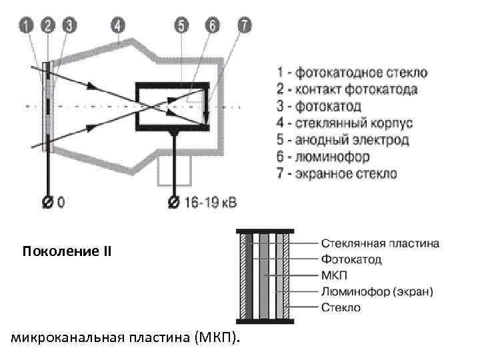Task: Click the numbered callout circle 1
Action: point(26,27)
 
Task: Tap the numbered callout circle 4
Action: point(118,27)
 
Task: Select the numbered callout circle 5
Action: point(181,27)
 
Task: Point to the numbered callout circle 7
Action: point(245,27)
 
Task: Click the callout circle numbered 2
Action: point(47,27)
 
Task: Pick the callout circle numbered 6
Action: point(212,27)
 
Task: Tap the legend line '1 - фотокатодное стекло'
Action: point(352,72)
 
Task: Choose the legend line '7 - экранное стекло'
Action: point(337,174)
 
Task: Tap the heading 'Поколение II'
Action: point(67,253)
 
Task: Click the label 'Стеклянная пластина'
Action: point(380,243)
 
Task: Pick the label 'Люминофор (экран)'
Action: point(377,291)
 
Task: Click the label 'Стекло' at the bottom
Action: point(341,307)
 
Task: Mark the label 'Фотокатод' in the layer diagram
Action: point(351,259)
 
